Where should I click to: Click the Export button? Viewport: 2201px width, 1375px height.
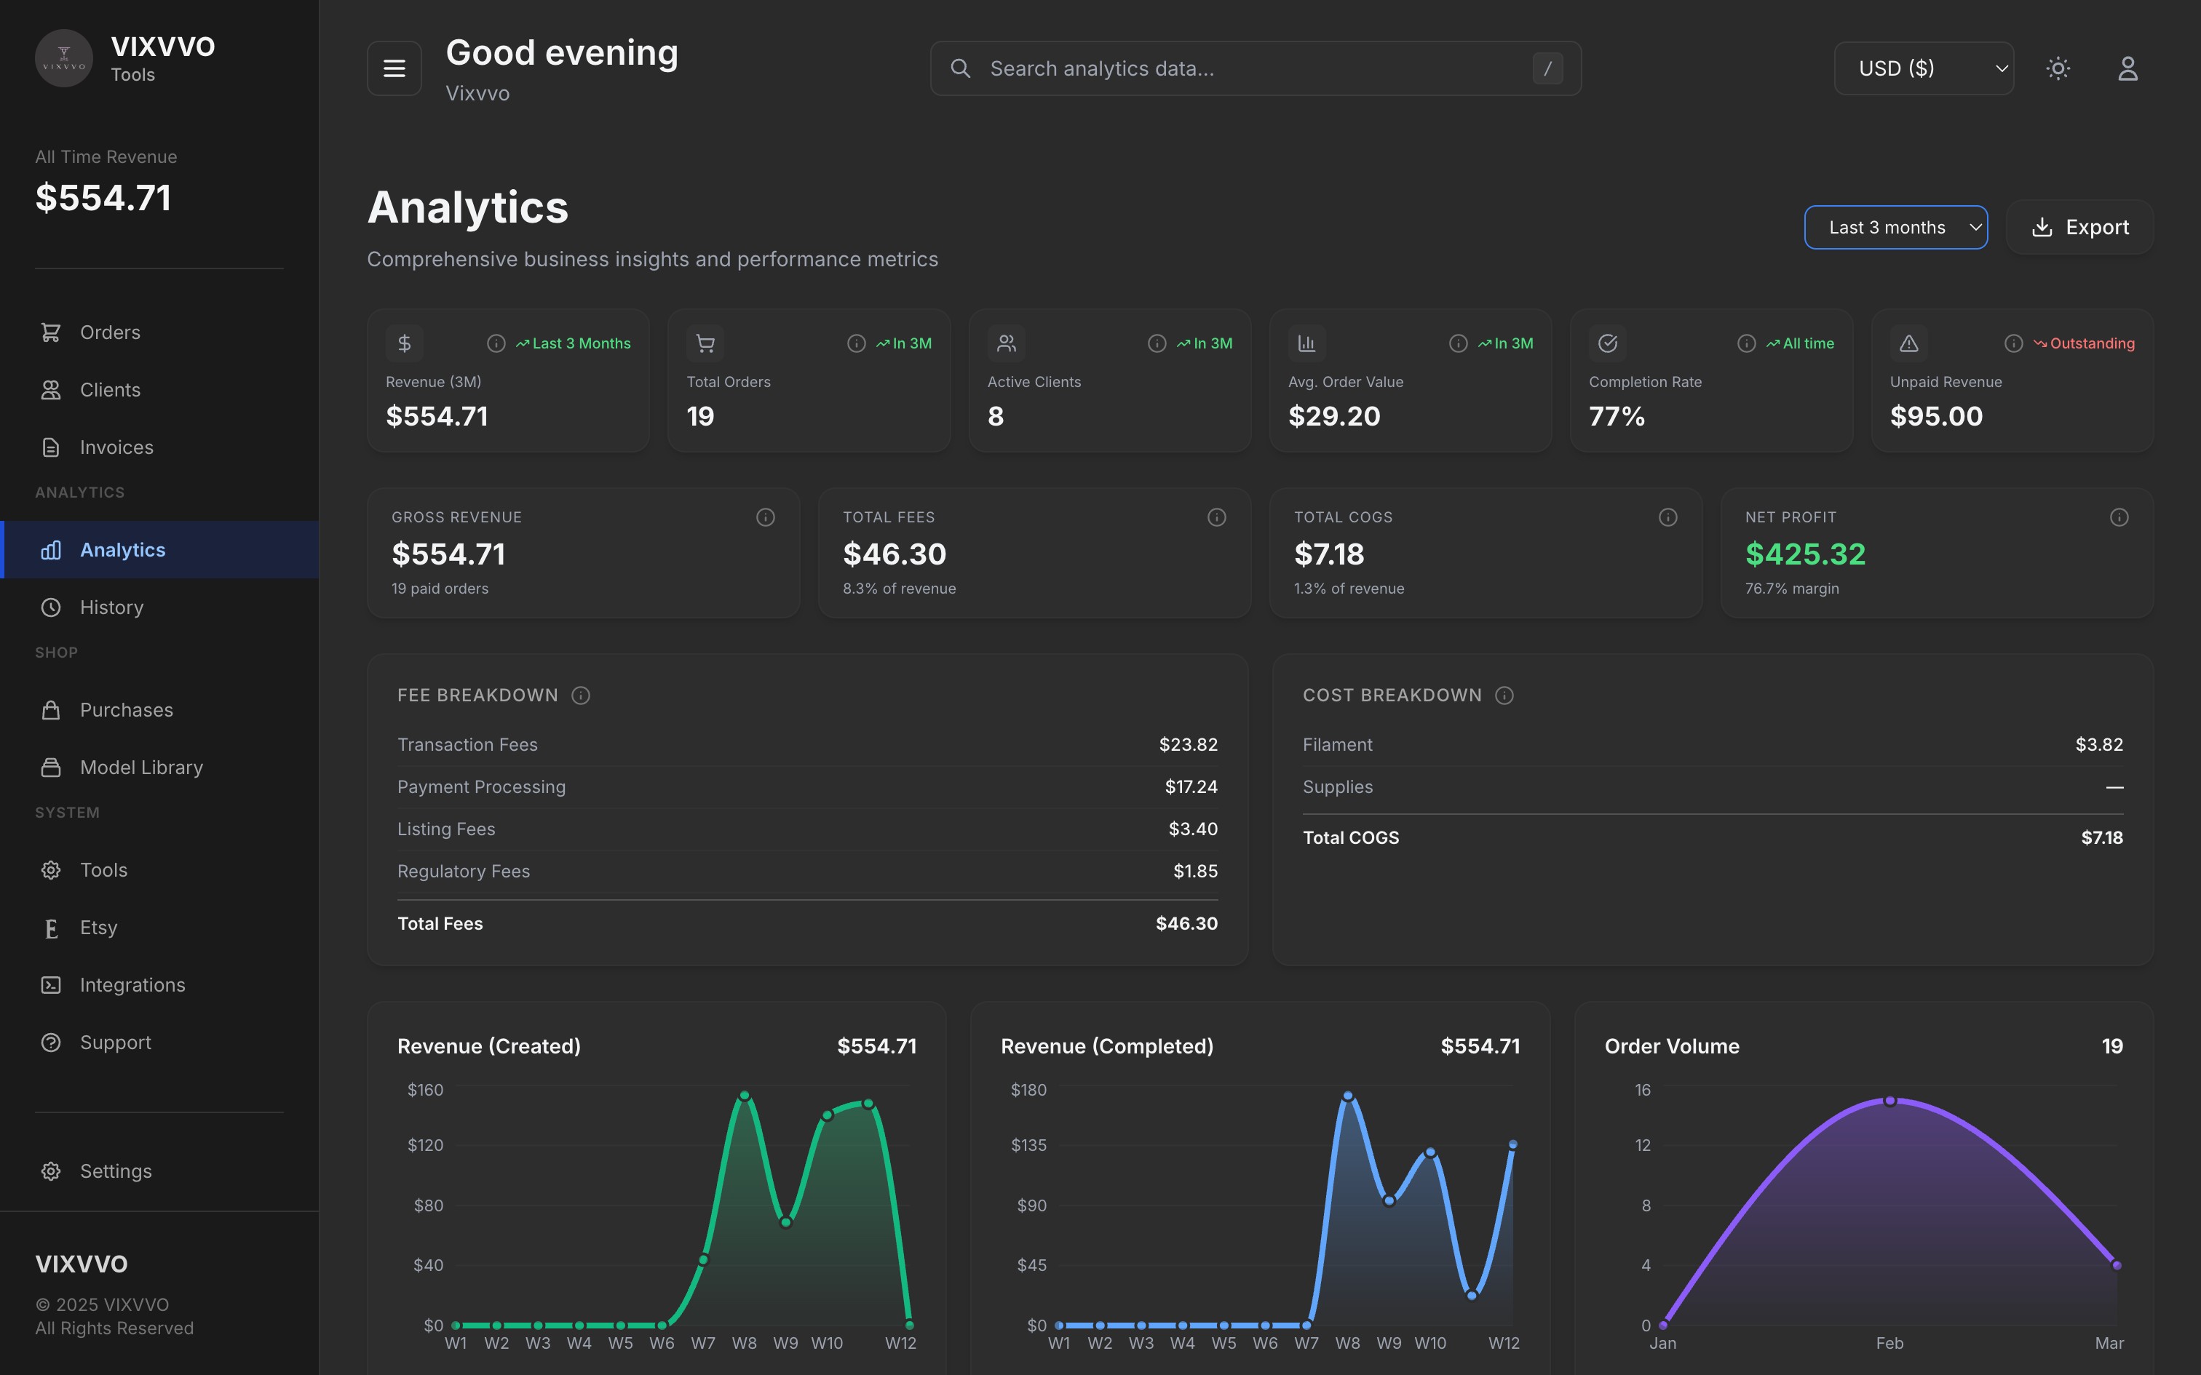point(2079,227)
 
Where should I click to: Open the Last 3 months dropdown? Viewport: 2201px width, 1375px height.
point(1895,227)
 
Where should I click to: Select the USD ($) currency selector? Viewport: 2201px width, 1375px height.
point(1923,68)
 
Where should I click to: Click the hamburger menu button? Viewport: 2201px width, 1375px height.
point(394,68)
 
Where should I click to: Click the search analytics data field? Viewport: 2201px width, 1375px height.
point(1255,68)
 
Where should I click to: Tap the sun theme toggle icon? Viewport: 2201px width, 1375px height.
point(2058,68)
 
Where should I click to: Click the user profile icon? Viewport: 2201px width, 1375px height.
point(2127,68)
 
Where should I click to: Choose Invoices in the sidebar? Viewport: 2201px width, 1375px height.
point(116,447)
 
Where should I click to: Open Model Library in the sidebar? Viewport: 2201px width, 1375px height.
point(141,768)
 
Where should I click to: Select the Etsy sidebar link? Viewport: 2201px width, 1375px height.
point(98,928)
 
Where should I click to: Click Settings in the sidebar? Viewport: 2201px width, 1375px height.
point(116,1171)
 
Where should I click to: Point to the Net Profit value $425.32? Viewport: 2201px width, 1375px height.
point(1804,554)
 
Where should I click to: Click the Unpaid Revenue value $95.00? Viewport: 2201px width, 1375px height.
point(1935,416)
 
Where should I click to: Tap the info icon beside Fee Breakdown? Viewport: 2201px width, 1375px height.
point(580,696)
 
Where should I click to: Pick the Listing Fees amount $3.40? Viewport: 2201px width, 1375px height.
point(1192,829)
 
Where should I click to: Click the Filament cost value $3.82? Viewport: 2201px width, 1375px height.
point(2098,745)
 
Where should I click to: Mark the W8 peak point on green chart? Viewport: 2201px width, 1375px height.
point(744,1096)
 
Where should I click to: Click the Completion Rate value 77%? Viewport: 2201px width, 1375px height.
point(1617,416)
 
